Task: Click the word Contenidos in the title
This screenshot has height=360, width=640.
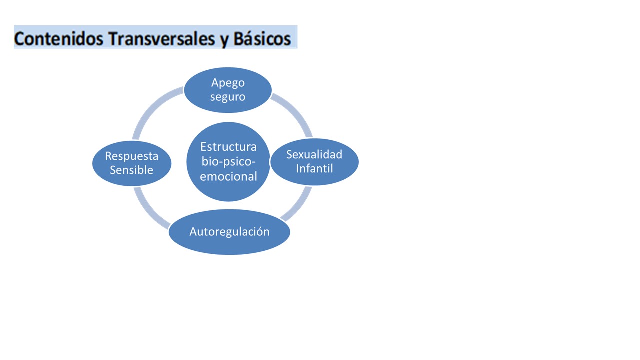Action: point(59,39)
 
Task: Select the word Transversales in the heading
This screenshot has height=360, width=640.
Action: point(161,39)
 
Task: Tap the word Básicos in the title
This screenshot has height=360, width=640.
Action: point(262,39)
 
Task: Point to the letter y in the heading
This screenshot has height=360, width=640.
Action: point(224,41)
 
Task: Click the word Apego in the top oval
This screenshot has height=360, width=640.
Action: point(228,83)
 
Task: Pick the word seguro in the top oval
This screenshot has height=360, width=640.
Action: point(228,97)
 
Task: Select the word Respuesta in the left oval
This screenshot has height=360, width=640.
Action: point(131,157)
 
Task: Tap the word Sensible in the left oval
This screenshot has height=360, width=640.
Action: point(131,170)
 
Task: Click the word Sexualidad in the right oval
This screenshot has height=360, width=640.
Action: point(314,154)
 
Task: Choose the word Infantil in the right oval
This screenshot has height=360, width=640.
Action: point(314,168)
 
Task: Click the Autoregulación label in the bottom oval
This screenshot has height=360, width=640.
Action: point(229,232)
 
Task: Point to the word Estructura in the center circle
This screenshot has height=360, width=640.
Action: point(228,147)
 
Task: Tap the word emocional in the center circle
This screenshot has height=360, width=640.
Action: point(228,177)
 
